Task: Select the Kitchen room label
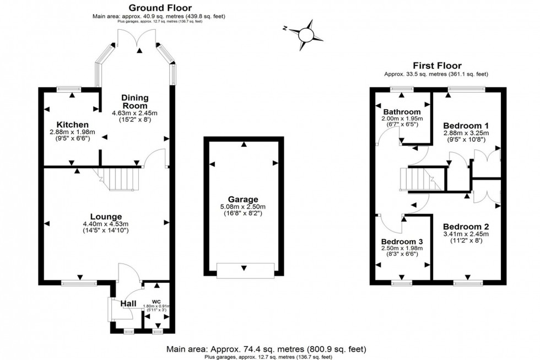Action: [x=69, y=125]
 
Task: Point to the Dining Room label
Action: [x=135, y=101]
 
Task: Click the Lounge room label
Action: [x=107, y=216]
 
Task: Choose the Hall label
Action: [x=128, y=303]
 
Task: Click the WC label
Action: [x=157, y=301]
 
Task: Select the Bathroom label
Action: [x=402, y=112]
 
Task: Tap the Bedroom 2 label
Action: [x=466, y=227]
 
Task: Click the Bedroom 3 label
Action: [x=402, y=241]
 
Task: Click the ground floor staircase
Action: [x=120, y=180]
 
